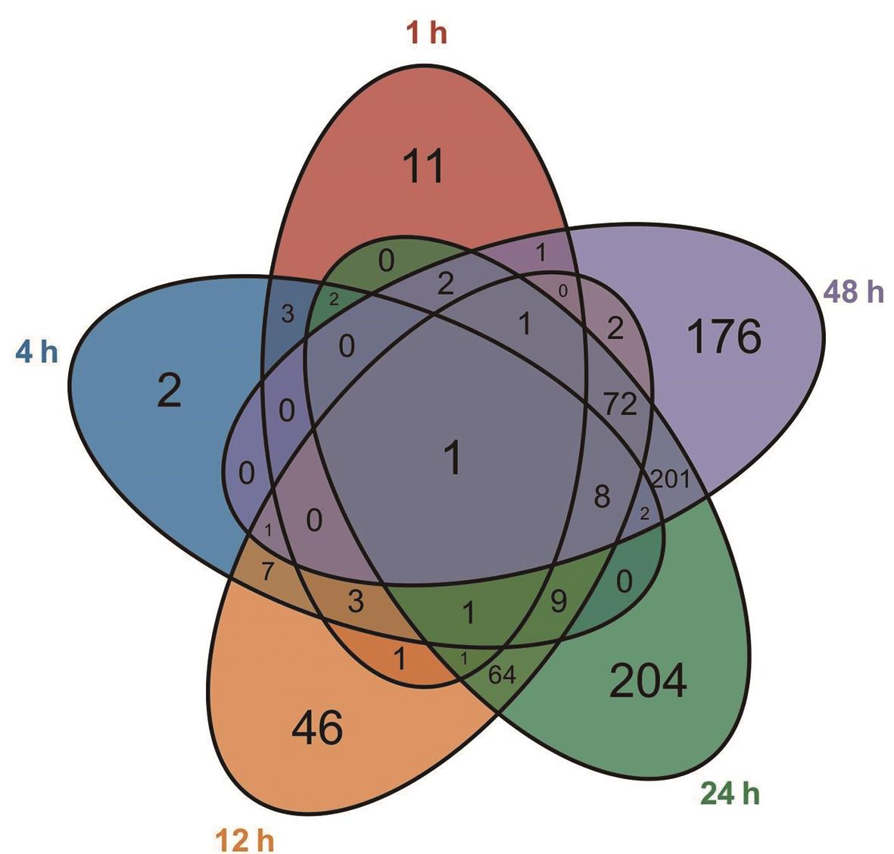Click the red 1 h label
pyautogui.click(x=426, y=35)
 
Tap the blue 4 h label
pyautogui.click(x=36, y=353)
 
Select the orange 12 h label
pyautogui.click(x=245, y=840)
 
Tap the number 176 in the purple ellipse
pyautogui.click(x=724, y=337)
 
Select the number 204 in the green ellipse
pyautogui.click(x=648, y=681)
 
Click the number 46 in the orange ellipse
pyautogui.click(x=317, y=728)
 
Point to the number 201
pyautogui.click(x=670, y=479)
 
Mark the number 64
pyautogui.click(x=502, y=674)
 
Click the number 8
pyautogui.click(x=601, y=498)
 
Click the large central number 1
pyautogui.click(x=452, y=459)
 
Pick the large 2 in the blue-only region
pyautogui.click(x=169, y=391)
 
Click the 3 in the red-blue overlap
pyautogui.click(x=287, y=314)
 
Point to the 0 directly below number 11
pyautogui.click(x=386, y=262)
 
